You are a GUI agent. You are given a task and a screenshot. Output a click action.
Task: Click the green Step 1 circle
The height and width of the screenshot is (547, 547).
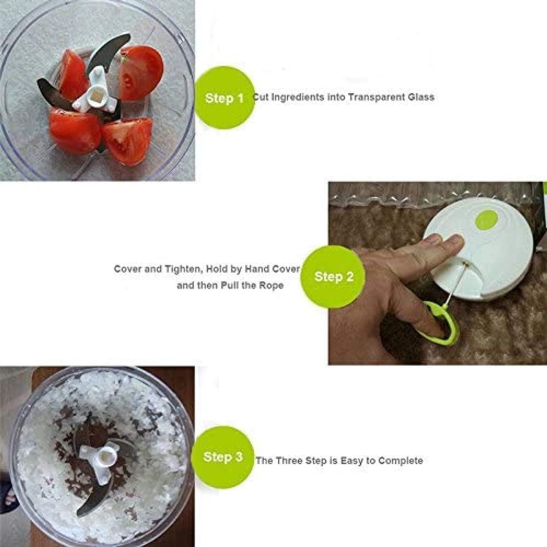tap(224, 98)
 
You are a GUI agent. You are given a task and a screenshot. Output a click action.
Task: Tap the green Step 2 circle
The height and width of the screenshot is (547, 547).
tap(333, 277)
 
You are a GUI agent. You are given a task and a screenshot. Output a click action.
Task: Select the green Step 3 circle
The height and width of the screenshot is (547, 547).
tap(223, 457)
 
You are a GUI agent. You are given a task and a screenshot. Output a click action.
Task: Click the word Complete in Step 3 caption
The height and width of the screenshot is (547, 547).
tap(401, 460)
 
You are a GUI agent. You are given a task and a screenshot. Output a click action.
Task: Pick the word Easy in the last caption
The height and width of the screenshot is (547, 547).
tap(351, 460)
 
